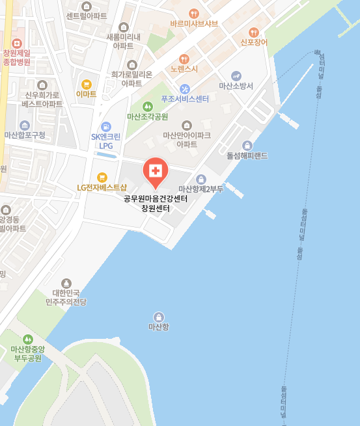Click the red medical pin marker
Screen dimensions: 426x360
pos(156,171)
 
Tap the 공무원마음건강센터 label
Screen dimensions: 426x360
pos(156,199)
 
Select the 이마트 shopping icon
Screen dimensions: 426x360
pos(86,84)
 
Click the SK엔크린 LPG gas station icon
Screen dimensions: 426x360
pos(106,126)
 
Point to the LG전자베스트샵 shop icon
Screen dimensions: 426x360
pos(102,177)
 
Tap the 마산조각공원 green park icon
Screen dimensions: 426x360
pos(147,107)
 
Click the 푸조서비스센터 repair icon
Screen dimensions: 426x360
pos(185,89)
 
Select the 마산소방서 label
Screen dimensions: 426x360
pos(236,86)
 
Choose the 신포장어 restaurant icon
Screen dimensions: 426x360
pos(254,32)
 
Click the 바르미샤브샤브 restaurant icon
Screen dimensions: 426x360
pos(193,13)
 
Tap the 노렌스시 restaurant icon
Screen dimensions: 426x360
pos(184,59)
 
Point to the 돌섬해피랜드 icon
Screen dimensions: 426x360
pos(247,146)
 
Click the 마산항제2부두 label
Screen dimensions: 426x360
pos(201,189)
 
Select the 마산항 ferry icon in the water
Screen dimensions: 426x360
pos(158,316)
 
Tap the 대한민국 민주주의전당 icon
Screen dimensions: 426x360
pos(66,283)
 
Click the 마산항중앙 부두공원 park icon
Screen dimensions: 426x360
pos(27,339)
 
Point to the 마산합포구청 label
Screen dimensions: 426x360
pos(25,135)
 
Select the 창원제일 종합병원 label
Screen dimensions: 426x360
pos(17,58)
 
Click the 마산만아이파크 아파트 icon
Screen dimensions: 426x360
pos(187,125)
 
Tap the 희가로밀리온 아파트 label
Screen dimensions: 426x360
pos(132,79)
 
